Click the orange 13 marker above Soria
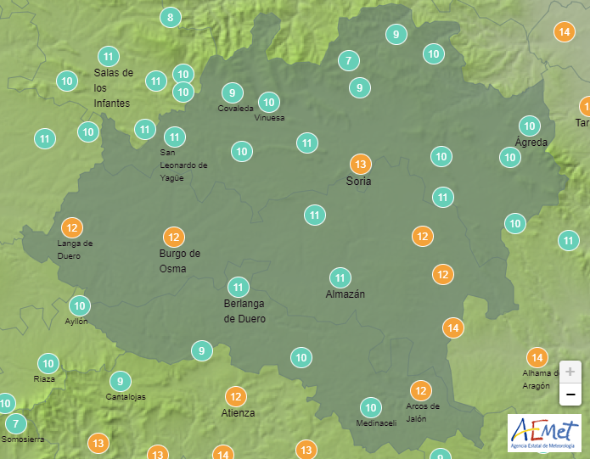coord(360,164)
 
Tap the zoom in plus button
coord(570,372)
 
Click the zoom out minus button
coord(570,395)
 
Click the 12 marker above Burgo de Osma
coord(174,237)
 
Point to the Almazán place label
coord(346,294)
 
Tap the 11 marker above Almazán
coord(340,277)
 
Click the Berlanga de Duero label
coord(244,311)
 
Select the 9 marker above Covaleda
coord(232,92)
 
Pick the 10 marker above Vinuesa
coord(269,103)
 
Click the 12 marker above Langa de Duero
coord(72,227)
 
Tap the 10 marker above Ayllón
coord(79,305)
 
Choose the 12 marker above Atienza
coord(236,395)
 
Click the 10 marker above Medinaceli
coord(370,407)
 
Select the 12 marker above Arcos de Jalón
coord(420,390)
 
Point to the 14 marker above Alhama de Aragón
coord(537,357)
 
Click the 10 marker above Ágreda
coord(530,125)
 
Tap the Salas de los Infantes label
coord(113,87)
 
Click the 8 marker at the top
coord(171,17)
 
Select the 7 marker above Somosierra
coord(14,423)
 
